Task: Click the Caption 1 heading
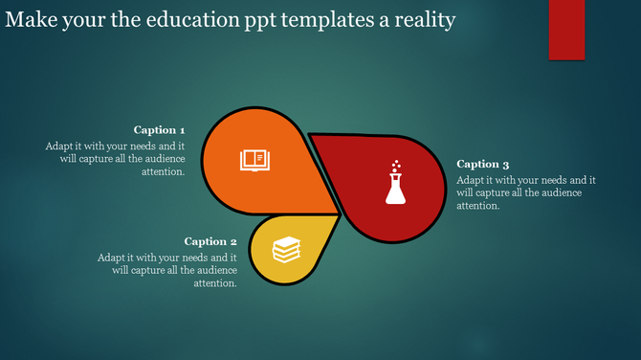point(159,130)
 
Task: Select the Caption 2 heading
point(210,242)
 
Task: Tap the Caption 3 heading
point(483,165)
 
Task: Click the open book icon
point(254,159)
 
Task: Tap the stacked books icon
point(286,250)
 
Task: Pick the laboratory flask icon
point(395,187)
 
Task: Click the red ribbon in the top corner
point(566,29)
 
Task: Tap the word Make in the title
point(28,19)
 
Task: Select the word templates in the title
point(332,19)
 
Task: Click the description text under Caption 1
point(115,159)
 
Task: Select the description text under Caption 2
point(167,270)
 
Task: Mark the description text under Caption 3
point(526,192)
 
